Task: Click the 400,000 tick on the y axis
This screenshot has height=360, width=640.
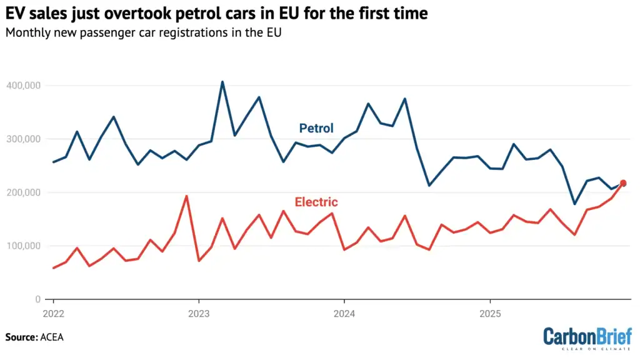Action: tap(26, 85)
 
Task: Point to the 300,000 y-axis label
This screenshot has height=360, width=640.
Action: tap(26, 139)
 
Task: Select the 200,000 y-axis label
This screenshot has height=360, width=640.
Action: tap(26, 192)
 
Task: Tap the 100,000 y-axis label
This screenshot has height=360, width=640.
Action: tap(26, 246)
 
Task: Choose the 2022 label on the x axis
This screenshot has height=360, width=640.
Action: tap(54, 312)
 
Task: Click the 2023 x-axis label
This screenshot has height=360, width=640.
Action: tap(199, 312)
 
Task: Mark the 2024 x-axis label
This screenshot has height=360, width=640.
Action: tap(344, 312)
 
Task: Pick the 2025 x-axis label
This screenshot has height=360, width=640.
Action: tap(490, 312)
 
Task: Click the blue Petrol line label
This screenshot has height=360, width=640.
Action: tap(316, 128)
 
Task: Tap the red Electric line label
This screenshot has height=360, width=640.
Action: tap(316, 202)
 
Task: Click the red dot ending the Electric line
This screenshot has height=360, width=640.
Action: tap(622, 183)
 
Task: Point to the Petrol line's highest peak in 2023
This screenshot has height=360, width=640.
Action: tap(222, 82)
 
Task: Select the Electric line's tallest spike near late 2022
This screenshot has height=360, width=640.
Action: tap(186, 196)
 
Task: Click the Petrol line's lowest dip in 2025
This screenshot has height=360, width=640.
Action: tap(574, 204)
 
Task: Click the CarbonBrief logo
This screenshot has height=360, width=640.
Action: tap(587, 337)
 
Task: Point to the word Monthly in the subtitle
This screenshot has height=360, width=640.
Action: tap(26, 32)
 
